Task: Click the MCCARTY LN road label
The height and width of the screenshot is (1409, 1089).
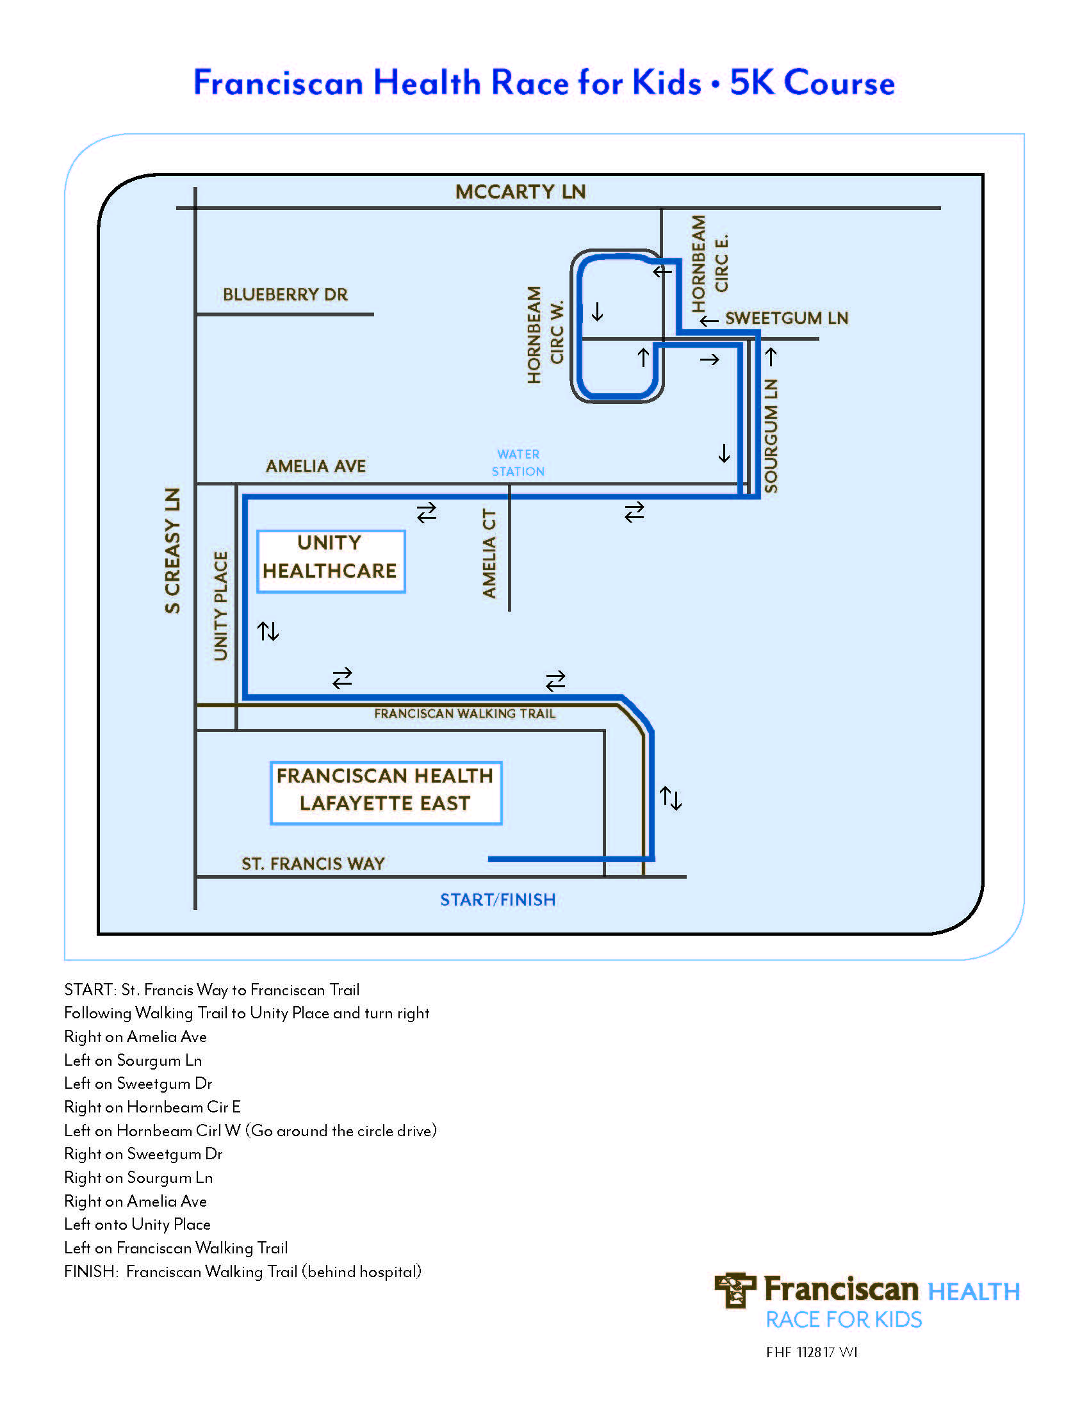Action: pyautogui.click(x=520, y=191)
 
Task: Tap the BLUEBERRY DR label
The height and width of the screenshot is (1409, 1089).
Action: pyautogui.click(x=285, y=295)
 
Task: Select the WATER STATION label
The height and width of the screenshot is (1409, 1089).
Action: pyautogui.click(x=518, y=462)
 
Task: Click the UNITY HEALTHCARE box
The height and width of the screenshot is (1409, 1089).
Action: pyautogui.click(x=331, y=561)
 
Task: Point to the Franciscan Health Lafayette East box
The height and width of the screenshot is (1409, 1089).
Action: pyautogui.click(x=386, y=793)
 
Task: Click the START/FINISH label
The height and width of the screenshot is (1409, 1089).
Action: pyautogui.click(x=497, y=899)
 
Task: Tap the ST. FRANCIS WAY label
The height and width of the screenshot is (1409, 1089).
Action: pyautogui.click(x=313, y=863)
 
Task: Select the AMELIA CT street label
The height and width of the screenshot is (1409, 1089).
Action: pyautogui.click(x=489, y=553)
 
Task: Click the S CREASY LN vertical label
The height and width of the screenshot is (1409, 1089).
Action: pyautogui.click(x=172, y=550)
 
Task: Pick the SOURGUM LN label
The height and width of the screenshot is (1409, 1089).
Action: pyautogui.click(x=771, y=436)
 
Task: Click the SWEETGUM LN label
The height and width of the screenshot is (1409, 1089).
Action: pyautogui.click(x=787, y=318)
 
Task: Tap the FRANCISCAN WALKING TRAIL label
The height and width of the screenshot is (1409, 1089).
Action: pyautogui.click(x=464, y=713)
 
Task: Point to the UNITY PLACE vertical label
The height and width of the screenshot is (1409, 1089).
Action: pyautogui.click(x=220, y=606)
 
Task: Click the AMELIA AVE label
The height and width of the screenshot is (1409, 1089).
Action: pyautogui.click(x=315, y=466)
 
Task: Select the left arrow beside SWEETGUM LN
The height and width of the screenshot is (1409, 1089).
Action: pyautogui.click(x=709, y=321)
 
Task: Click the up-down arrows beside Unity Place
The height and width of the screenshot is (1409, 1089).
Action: pyautogui.click(x=268, y=631)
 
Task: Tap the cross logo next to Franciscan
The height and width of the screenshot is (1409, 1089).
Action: pyautogui.click(x=734, y=1291)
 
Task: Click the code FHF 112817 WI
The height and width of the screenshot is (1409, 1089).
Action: pyautogui.click(x=812, y=1352)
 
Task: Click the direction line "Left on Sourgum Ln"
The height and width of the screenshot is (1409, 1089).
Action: pyautogui.click(x=133, y=1060)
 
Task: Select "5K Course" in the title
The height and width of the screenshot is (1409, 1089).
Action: pyautogui.click(x=812, y=83)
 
